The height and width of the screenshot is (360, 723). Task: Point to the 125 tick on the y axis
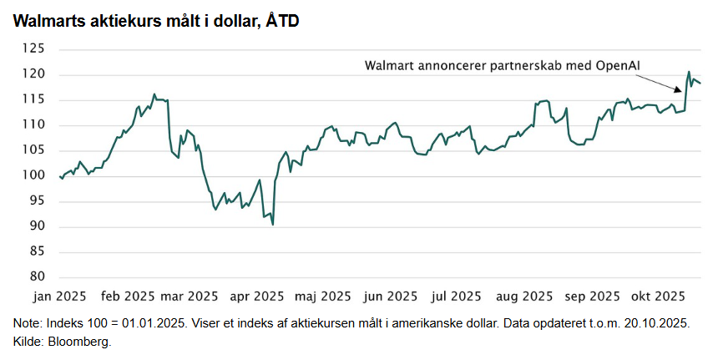[34, 49]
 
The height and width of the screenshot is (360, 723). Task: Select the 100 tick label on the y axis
[34, 175]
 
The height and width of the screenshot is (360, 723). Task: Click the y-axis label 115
[34, 99]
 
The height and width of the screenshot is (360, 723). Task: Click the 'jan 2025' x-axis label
[59, 296]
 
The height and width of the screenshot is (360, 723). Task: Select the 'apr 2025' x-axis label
[257, 296]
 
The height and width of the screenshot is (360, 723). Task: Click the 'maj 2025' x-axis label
[323, 296]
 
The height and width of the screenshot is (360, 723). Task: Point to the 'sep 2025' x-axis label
[590, 296]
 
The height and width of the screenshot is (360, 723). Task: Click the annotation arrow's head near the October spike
[682, 91]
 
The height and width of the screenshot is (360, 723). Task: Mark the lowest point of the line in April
[273, 225]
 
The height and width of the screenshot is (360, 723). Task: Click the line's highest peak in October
[689, 72]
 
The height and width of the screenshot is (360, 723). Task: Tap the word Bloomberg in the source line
[81, 342]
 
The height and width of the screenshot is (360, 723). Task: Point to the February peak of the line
[154, 94]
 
